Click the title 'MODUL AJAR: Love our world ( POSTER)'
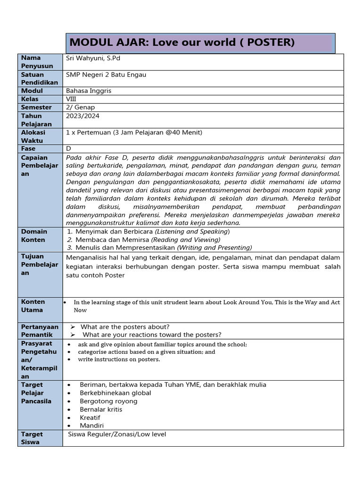coord(182,42)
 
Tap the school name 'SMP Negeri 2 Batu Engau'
coord(106,75)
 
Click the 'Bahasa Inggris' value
coord(89,91)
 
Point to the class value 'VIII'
coord(71,99)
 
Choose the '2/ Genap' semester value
coord(81,108)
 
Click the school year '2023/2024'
coord(83,116)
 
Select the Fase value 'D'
coord(69,149)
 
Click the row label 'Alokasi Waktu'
coord(33,136)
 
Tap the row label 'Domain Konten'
coord(34,235)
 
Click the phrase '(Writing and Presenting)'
coord(214,248)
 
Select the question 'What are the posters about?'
coord(125,327)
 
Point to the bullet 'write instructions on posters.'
coord(119,359)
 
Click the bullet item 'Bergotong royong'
coord(108,401)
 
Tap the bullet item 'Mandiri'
coord(91,425)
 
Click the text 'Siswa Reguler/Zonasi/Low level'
coord(117,434)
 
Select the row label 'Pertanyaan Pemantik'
coord(40,331)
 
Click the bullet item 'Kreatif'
coord(90,417)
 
